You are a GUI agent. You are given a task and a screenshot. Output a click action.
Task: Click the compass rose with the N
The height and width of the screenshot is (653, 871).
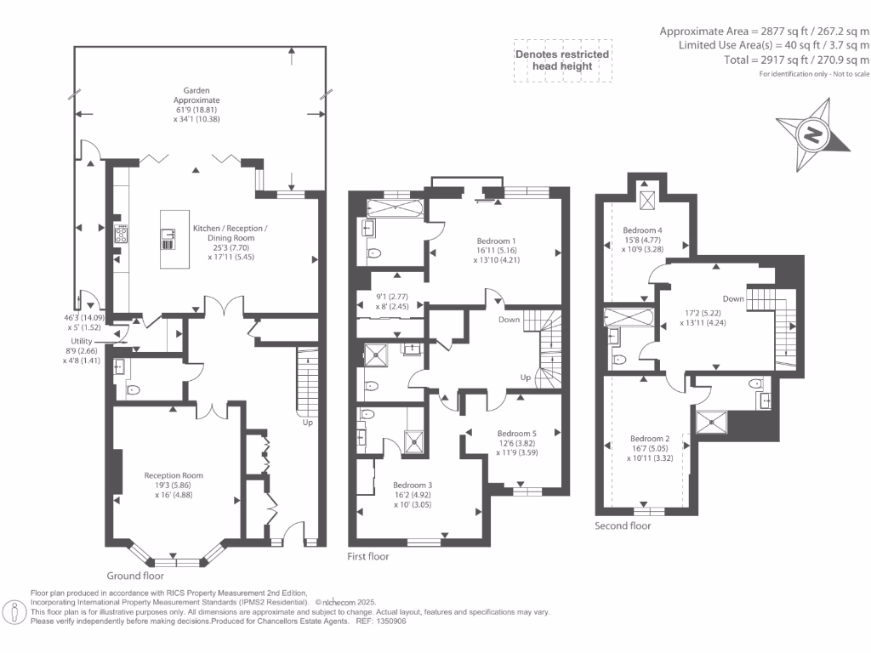point(813,134)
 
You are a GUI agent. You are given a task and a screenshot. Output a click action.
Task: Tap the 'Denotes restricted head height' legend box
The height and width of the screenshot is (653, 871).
point(562,60)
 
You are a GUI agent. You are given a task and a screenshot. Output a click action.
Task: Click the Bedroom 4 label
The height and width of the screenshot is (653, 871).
point(642,230)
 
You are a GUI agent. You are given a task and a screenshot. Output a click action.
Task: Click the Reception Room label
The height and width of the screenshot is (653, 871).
point(174,475)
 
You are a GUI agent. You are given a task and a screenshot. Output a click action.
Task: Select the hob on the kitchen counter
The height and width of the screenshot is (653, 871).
point(120,234)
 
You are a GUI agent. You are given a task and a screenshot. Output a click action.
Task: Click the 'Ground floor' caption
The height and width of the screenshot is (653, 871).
point(135,575)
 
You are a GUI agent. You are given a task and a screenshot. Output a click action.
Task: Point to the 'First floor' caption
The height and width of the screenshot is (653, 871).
point(368,556)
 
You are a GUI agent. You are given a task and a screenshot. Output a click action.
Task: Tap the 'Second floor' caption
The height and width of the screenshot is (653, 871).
point(623,525)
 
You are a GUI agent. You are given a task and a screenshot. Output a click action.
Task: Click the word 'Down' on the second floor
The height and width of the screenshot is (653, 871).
point(732,298)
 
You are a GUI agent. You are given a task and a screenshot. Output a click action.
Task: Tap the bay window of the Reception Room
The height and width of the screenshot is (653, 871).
point(176,561)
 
